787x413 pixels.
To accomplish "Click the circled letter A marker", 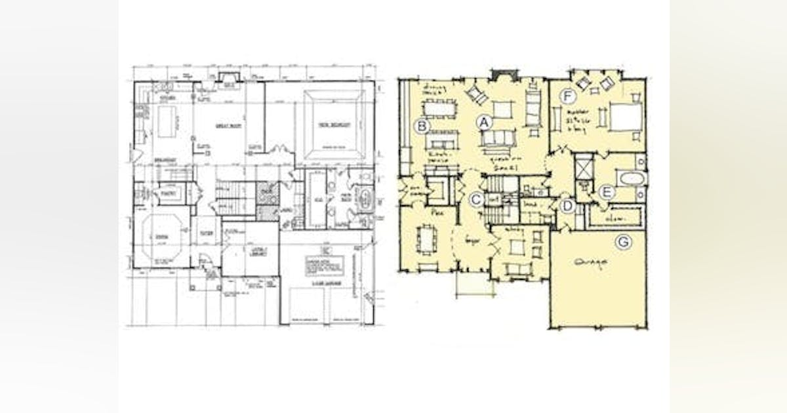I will click(x=484, y=121).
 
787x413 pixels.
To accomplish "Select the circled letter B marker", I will click(x=423, y=125).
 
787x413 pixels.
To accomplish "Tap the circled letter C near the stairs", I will click(x=477, y=199).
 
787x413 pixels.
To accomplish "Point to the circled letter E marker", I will click(x=607, y=192).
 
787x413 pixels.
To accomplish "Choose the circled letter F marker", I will click(x=568, y=97).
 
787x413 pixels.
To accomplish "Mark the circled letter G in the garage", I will click(x=624, y=243).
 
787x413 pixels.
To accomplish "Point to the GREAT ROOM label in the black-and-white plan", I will click(x=228, y=125).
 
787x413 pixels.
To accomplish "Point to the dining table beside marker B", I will click(x=439, y=107).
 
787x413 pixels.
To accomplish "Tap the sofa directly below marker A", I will click(x=497, y=138).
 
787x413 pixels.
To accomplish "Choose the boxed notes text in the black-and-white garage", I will click(x=324, y=264).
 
